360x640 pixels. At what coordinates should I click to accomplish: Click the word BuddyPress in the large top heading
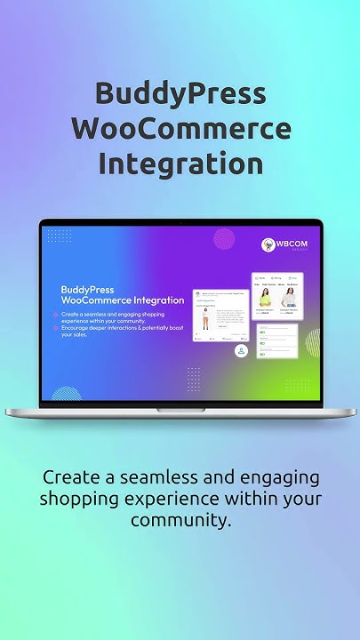coord(180,93)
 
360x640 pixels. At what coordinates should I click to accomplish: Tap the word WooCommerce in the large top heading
coord(180,128)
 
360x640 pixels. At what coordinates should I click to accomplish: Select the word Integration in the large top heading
coord(180,164)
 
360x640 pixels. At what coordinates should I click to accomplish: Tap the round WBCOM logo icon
coord(268,244)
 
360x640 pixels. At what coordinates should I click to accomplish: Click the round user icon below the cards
coord(241,351)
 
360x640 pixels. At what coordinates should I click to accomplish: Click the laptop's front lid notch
coord(180,409)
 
